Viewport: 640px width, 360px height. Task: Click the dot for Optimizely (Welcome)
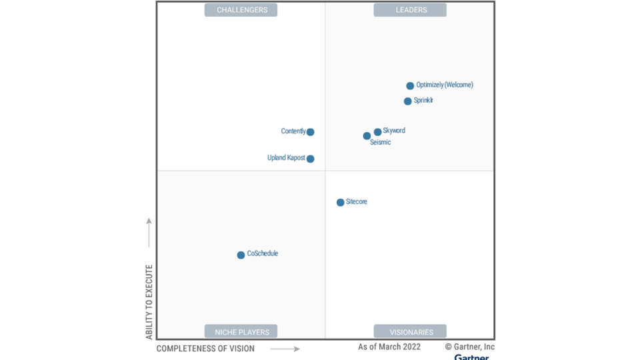[x=410, y=86]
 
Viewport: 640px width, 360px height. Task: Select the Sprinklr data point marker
[x=407, y=101]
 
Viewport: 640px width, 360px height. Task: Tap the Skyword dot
[x=377, y=132]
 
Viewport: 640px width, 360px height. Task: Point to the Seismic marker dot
[x=367, y=136]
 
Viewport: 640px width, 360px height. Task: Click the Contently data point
[x=310, y=132]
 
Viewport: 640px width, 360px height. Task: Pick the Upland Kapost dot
[x=310, y=159]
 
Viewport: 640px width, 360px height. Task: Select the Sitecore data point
[x=340, y=203]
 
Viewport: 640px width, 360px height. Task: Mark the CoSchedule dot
[x=241, y=255]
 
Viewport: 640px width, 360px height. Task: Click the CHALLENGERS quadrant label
[x=241, y=10]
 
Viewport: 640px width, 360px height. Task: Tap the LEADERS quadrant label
[x=410, y=10]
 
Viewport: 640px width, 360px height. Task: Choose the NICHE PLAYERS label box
[x=241, y=331]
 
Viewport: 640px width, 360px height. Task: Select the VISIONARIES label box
[x=410, y=331]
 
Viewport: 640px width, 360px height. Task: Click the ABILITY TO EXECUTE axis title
[x=149, y=301]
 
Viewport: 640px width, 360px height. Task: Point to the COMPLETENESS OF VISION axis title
[x=205, y=349]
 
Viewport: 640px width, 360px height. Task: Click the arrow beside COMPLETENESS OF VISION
[x=285, y=349]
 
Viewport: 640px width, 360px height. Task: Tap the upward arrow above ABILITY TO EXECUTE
[x=149, y=232]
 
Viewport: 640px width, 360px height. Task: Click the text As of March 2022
[x=389, y=347]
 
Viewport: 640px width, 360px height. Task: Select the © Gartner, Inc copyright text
[x=470, y=347]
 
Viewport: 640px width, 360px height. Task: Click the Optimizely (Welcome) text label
[x=445, y=85]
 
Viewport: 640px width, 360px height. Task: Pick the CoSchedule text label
[x=263, y=254]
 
